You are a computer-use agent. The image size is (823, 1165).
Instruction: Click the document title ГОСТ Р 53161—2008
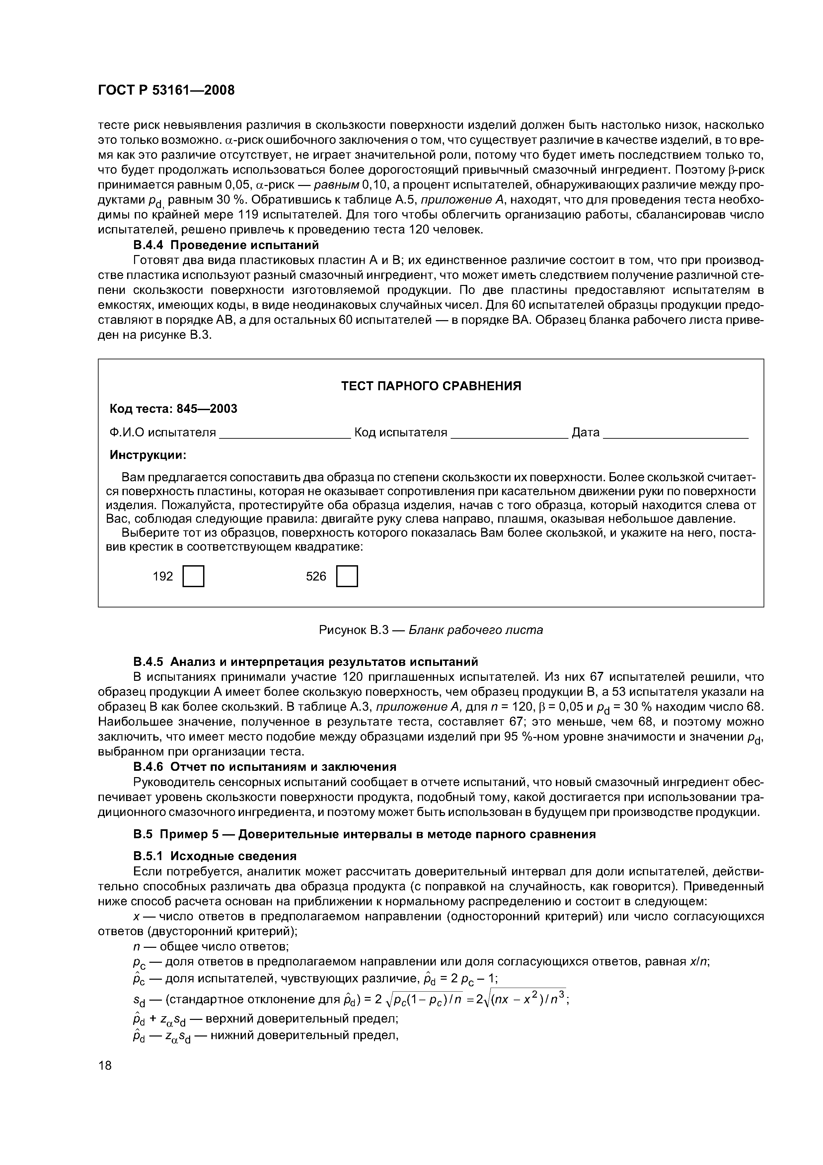[x=166, y=90]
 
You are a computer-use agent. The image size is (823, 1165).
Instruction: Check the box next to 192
[x=193, y=577]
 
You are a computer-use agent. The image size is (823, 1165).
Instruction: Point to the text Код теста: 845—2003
[x=174, y=409]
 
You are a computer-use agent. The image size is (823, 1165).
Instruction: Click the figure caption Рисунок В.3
[x=430, y=630]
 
